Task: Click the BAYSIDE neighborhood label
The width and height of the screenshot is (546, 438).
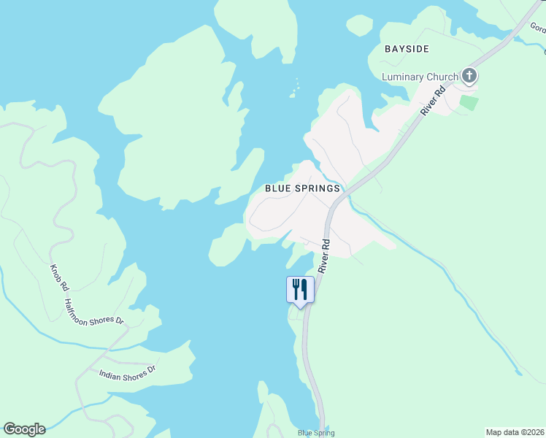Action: tap(407, 49)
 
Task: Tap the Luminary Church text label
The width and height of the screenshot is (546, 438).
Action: tap(420, 77)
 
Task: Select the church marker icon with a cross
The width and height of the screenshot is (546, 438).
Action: tap(469, 75)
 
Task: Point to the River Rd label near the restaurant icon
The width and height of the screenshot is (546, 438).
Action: tap(325, 253)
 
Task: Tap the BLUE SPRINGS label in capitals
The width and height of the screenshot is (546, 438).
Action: tap(302, 188)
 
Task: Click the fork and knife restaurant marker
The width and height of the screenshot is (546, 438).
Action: tap(299, 289)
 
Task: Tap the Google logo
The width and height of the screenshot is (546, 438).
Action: tap(24, 429)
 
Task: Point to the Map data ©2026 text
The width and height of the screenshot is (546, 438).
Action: tap(515, 432)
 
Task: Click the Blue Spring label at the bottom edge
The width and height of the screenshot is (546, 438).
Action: tap(315, 433)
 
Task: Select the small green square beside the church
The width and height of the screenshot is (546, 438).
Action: tap(469, 102)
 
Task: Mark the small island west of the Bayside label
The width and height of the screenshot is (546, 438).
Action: tap(359, 26)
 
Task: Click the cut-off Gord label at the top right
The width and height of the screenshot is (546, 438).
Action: tap(539, 29)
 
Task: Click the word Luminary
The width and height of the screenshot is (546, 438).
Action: tap(404, 77)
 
